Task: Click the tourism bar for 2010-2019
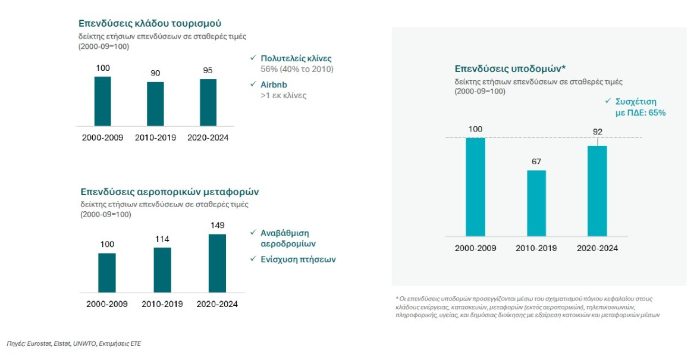(x=155, y=104)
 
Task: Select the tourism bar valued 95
(x=208, y=102)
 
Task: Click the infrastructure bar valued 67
(x=536, y=203)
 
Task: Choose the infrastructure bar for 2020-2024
(x=597, y=190)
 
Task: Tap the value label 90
(x=155, y=73)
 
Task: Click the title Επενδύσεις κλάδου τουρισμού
(x=150, y=23)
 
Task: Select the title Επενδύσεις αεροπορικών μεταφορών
(x=169, y=192)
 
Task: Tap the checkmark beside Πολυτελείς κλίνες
(x=253, y=58)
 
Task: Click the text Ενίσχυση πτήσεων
(x=298, y=259)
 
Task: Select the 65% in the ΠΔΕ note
(x=656, y=112)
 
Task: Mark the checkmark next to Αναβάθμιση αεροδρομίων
(x=253, y=232)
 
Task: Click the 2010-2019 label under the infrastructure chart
(x=536, y=248)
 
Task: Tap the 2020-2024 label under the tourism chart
(x=208, y=137)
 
